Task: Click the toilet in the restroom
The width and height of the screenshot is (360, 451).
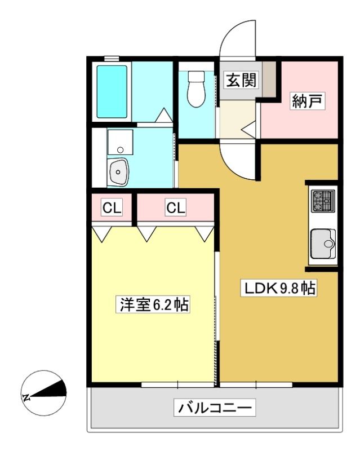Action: coord(197,89)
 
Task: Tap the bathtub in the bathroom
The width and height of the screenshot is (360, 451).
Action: coord(112,92)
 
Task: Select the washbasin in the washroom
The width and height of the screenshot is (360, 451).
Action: coord(118,172)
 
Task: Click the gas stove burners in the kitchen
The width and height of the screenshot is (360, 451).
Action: coord(323,201)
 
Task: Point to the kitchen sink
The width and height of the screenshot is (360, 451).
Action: coord(323,244)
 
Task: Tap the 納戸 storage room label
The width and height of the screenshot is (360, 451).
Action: coord(307,101)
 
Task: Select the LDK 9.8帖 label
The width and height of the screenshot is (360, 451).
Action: coord(279,288)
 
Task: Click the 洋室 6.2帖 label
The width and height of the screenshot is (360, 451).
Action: coord(154,304)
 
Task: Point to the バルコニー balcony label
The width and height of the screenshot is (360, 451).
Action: coord(215,407)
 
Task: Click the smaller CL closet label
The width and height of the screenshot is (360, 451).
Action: coord(112,207)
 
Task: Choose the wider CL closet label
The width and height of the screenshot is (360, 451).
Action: coord(176,207)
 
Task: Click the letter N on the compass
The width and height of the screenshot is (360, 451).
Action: coord(26,398)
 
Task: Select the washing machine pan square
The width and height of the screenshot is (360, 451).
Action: coord(120,143)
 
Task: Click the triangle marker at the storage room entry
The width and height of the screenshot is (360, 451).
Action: coord(248,130)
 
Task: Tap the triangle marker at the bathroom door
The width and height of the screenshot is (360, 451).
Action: coord(164,115)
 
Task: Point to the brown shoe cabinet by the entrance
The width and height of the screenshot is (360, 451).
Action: coord(269,79)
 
